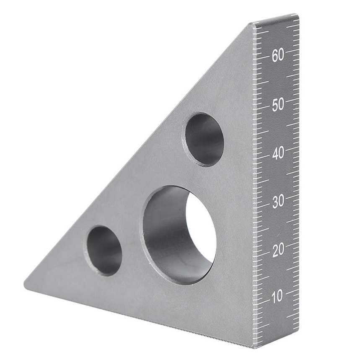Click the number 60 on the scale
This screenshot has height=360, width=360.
(278, 55)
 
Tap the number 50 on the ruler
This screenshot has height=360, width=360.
(278, 104)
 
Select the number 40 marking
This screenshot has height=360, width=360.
(278, 153)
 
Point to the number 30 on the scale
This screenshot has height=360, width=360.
(278, 202)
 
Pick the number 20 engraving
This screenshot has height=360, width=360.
(278, 250)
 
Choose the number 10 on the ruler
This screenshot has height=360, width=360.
(277, 297)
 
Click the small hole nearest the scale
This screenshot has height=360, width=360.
(204, 139)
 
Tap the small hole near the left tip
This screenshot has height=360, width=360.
(104, 251)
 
